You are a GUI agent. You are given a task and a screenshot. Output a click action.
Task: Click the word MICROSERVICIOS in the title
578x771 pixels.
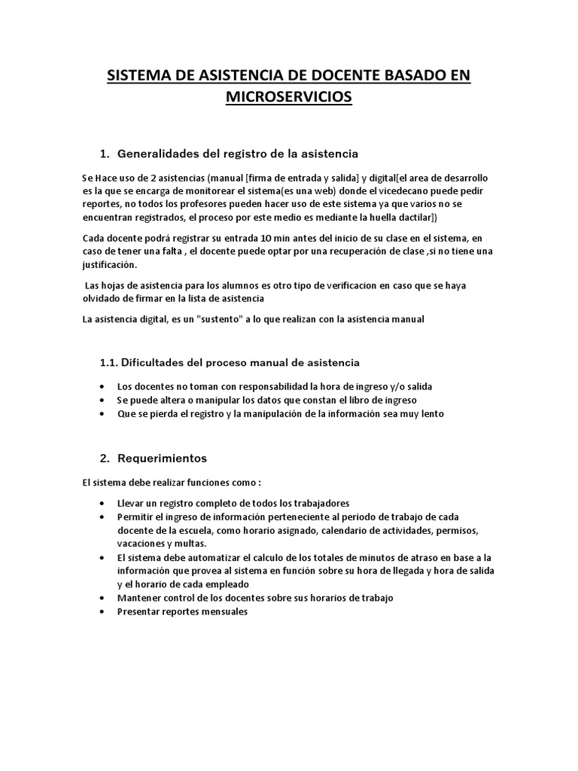pyautogui.click(x=289, y=98)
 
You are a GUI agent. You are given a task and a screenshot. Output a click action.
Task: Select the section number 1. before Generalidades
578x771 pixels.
pyautogui.click(x=105, y=154)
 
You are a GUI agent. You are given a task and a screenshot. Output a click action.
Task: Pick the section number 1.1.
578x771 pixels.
pyautogui.click(x=110, y=362)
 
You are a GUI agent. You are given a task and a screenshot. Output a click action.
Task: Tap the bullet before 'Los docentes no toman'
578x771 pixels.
pyautogui.click(x=102, y=386)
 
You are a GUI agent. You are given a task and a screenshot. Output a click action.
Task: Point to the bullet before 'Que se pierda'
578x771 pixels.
pyautogui.click(x=102, y=413)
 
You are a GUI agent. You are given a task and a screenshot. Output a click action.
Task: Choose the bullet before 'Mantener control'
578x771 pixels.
pyautogui.click(x=102, y=598)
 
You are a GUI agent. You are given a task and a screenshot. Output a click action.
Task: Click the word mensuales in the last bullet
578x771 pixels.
pyautogui.click(x=221, y=611)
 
